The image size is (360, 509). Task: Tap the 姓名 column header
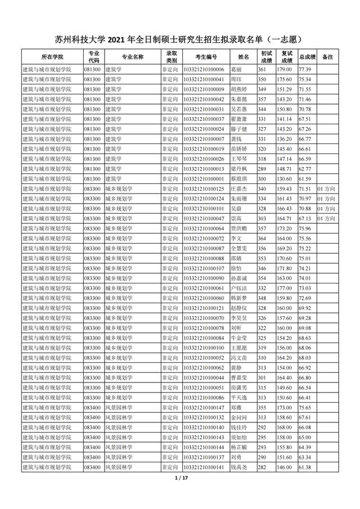(243, 57)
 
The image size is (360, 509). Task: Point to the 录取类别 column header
(171, 57)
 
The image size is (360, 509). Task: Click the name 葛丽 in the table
(237, 69)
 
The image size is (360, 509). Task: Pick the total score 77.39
(305, 69)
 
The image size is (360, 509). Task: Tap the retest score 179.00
(283, 69)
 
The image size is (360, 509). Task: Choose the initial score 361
(262, 69)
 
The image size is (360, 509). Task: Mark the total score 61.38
(305, 467)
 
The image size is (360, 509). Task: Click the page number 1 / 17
(180, 479)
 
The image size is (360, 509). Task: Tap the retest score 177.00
(283, 287)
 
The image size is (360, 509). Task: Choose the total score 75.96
(305, 228)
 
